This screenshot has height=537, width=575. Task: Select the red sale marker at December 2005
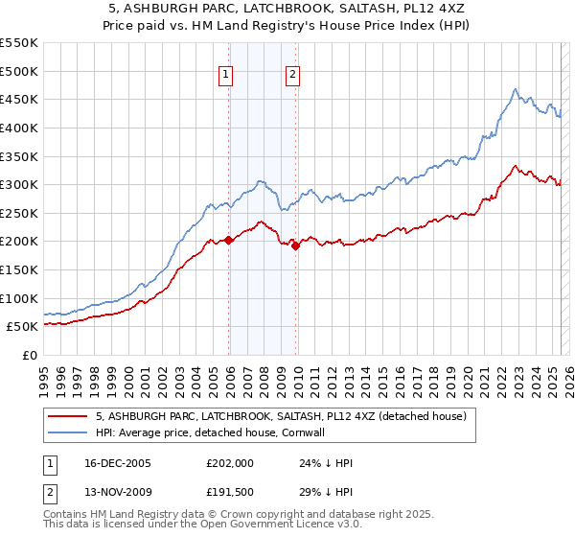(228, 241)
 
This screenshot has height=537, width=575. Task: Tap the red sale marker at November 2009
(295, 246)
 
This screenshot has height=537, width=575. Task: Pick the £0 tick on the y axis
(31, 355)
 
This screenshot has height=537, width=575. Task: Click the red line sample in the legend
(68, 416)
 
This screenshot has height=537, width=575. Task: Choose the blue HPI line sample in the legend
(68, 433)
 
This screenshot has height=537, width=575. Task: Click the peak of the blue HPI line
(515, 90)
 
